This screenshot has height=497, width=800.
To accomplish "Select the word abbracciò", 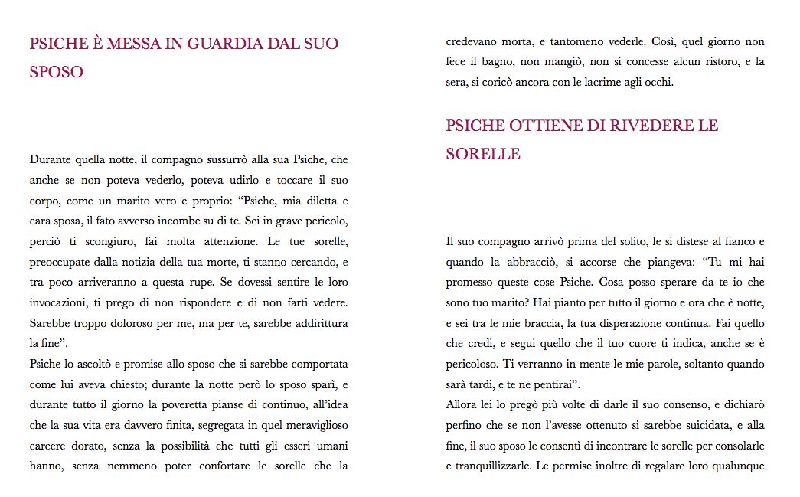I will (527, 262).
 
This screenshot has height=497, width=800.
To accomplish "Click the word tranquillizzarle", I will (494, 464).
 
